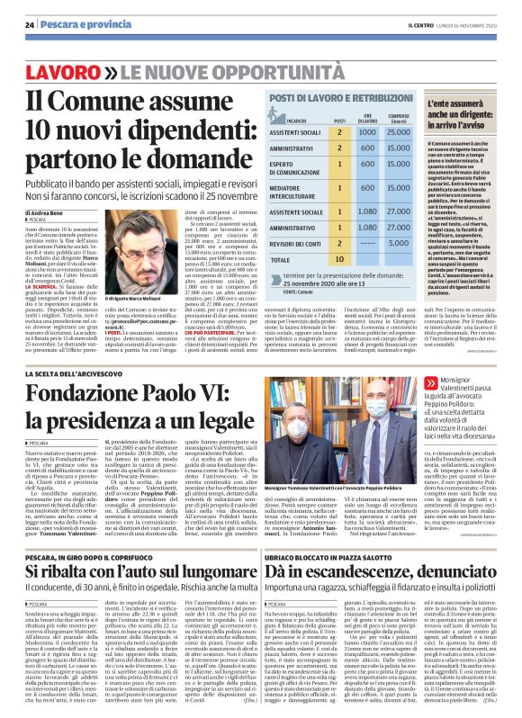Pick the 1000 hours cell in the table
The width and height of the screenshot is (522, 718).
[366, 132]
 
